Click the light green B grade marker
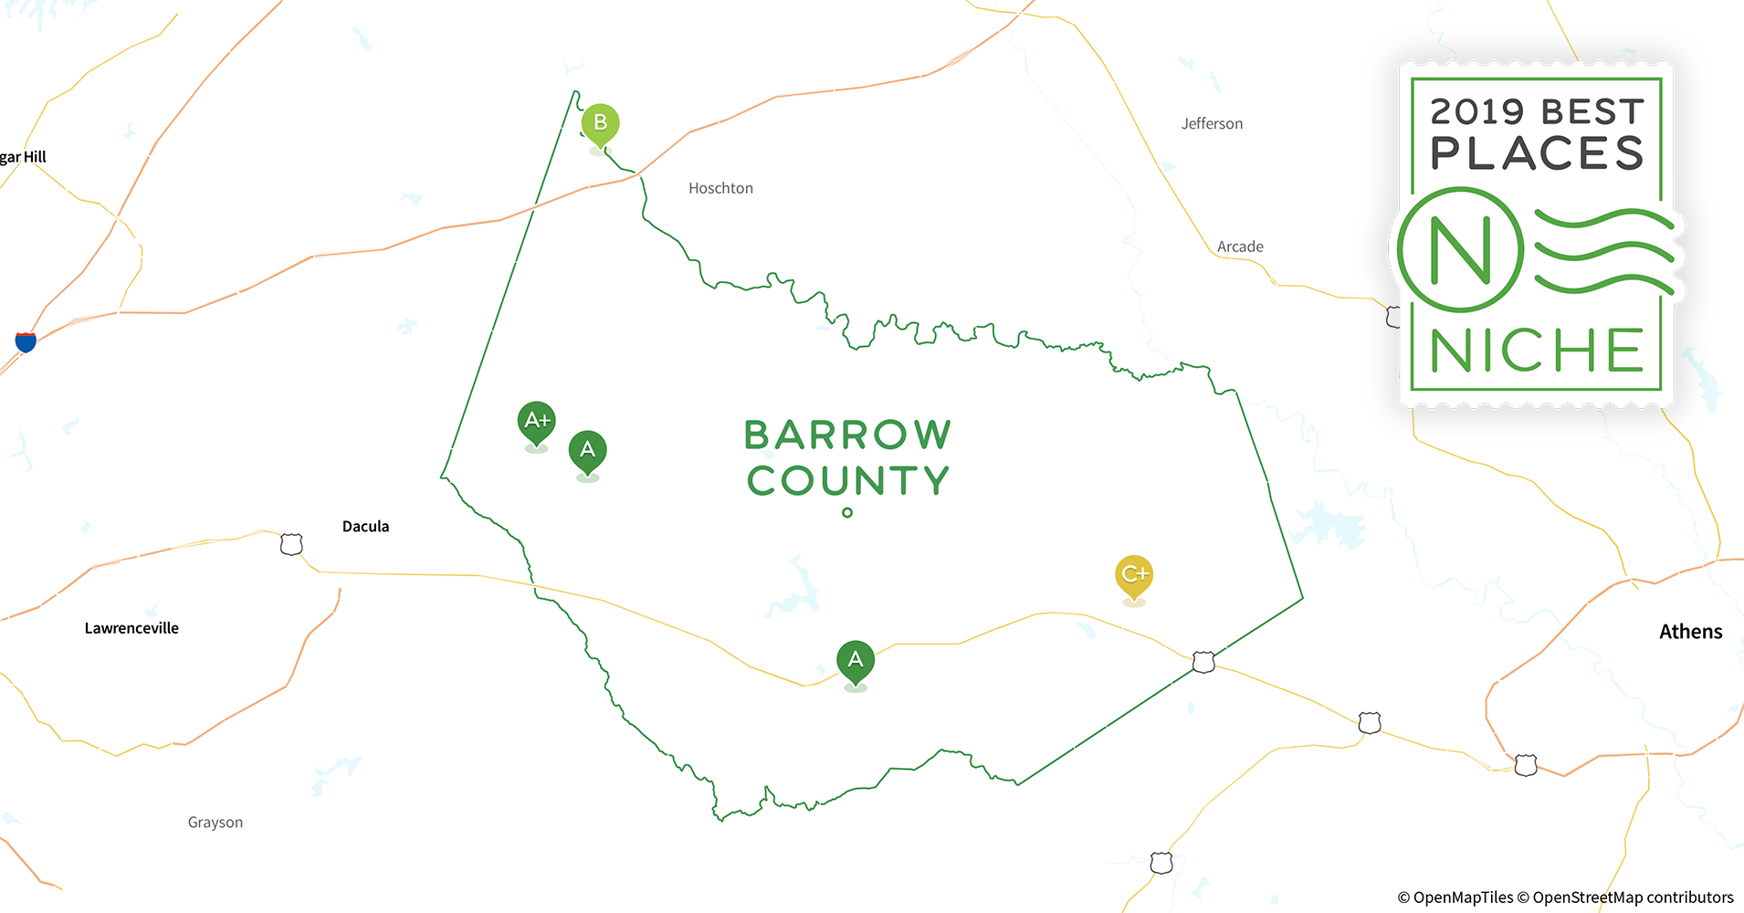point(600,123)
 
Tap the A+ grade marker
point(537,421)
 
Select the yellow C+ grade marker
point(1134,574)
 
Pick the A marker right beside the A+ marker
point(588,450)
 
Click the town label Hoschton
point(720,188)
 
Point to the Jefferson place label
point(1212,123)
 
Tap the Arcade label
point(1240,247)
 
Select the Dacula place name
point(365,526)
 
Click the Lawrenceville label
point(131,628)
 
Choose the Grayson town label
point(215,823)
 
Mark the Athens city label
point(1690,632)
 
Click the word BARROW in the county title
point(847,436)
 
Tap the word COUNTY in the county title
point(848,481)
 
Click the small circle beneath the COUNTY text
point(847,513)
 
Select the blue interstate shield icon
point(26,341)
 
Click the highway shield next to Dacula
point(291,544)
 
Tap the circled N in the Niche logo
point(1460,250)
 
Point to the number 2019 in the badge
point(1476,111)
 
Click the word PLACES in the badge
point(1537,153)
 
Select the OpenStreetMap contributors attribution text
point(1632,897)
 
